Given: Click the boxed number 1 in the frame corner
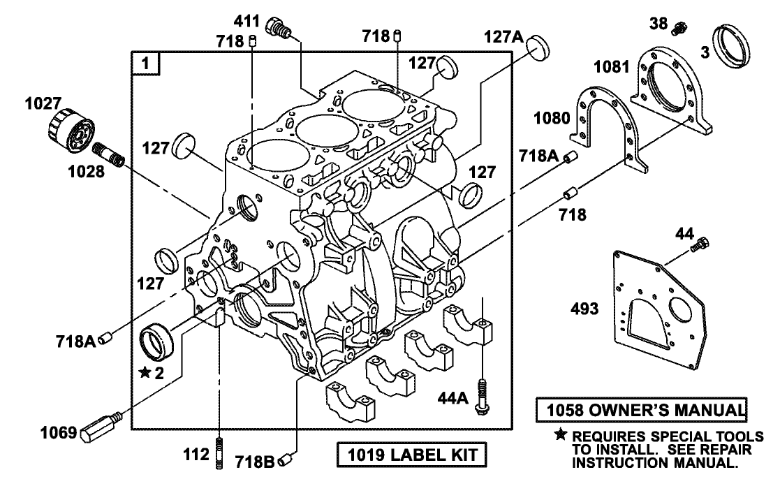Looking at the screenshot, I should (146, 64).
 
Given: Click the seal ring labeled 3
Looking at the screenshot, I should (731, 46).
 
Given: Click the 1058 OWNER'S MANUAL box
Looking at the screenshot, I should (641, 409).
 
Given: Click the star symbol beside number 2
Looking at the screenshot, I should (145, 373).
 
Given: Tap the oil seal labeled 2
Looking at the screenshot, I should (159, 340).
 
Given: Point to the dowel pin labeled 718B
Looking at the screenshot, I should (286, 460).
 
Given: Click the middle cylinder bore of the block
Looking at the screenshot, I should (321, 128).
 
